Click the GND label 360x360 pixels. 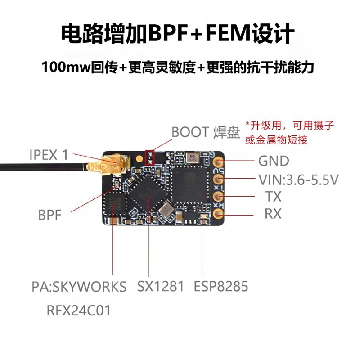pyautogui.click(x=273, y=161)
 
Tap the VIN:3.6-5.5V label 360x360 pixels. pyautogui.click(x=298, y=180)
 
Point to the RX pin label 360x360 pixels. pyautogui.click(x=272, y=213)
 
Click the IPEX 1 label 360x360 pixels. pyautogui.click(x=49, y=155)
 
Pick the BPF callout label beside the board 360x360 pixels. pyautogui.click(x=49, y=215)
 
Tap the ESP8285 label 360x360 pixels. pyautogui.click(x=221, y=286)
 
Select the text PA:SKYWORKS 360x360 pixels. pyautogui.click(x=79, y=287)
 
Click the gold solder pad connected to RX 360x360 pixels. pyautogui.click(x=218, y=213)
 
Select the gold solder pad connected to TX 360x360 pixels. pyautogui.click(x=219, y=196)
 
